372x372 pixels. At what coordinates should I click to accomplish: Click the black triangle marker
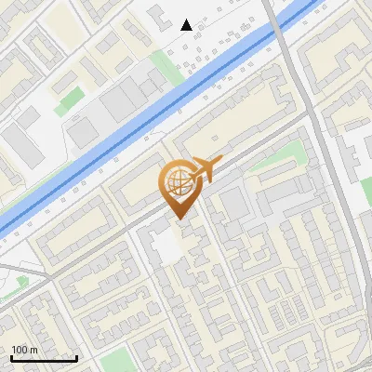point(187,25)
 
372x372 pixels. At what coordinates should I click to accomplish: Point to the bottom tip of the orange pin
point(179,219)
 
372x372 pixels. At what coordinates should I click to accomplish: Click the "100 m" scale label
point(25,350)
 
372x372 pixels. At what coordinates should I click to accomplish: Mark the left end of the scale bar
point(11,359)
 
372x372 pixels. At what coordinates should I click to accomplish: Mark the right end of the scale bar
point(76,359)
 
